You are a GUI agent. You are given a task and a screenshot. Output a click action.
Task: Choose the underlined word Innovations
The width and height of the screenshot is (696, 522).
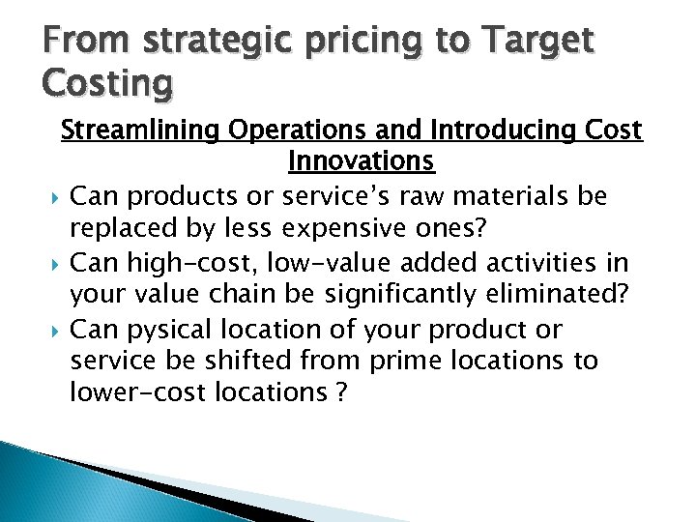[x=362, y=161]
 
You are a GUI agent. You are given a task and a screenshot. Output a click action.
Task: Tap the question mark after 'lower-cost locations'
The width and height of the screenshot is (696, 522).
[x=340, y=393]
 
